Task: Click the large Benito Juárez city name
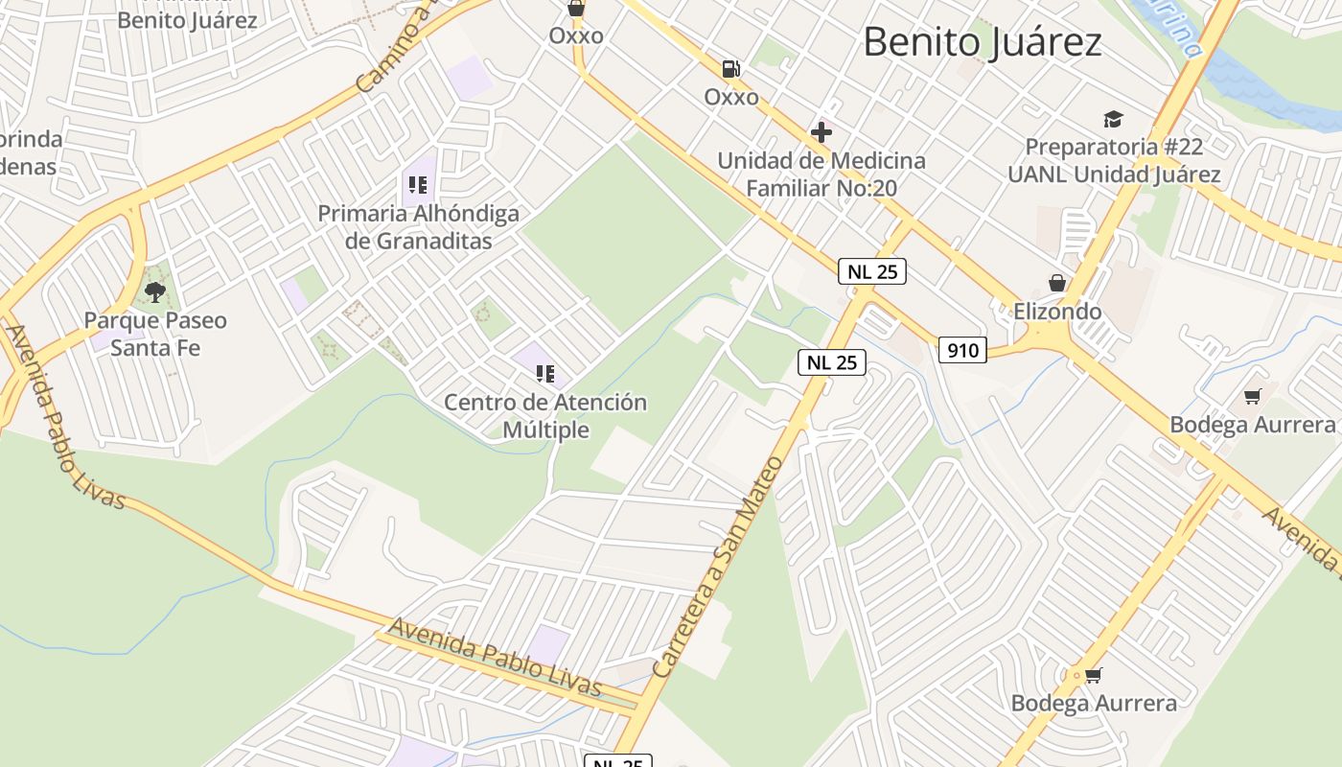(983, 42)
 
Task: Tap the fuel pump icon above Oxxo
(731, 69)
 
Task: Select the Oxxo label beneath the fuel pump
(731, 97)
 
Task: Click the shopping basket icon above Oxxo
(576, 9)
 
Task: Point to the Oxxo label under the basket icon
(576, 35)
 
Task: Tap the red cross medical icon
(821, 132)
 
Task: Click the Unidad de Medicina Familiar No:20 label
(821, 174)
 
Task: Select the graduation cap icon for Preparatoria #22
(1113, 120)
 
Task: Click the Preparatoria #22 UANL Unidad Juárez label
(1113, 160)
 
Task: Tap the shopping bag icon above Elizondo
(1057, 283)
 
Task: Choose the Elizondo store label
(1057, 312)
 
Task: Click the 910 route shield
(962, 350)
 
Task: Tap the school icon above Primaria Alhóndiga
(417, 185)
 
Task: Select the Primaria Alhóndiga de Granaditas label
(418, 226)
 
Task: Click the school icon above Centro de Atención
(545, 374)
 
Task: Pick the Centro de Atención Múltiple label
(545, 415)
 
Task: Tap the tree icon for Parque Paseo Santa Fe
(154, 291)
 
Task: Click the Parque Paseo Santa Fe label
(155, 333)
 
